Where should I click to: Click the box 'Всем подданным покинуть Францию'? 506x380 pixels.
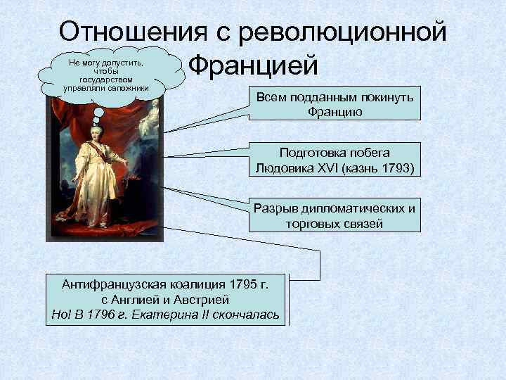(x=334, y=104)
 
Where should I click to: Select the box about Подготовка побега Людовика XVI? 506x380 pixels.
(x=334, y=160)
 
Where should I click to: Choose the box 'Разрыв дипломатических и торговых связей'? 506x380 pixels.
(x=334, y=216)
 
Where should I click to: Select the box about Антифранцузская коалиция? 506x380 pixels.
(x=165, y=299)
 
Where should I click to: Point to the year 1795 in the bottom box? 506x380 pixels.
(x=240, y=284)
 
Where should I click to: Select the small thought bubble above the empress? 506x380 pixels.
(x=100, y=112)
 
